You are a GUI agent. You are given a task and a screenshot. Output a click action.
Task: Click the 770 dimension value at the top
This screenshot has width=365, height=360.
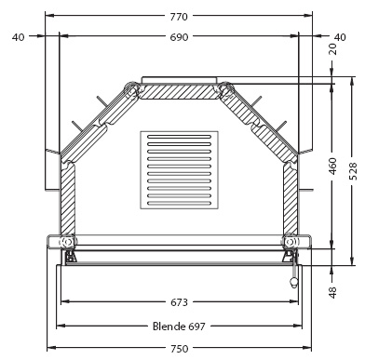click(179, 16)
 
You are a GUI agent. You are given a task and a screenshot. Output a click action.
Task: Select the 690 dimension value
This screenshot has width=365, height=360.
click(179, 37)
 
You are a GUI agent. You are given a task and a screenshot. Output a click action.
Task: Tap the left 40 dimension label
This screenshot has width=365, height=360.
click(18, 37)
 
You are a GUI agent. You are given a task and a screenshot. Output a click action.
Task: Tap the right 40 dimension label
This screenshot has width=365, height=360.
click(340, 37)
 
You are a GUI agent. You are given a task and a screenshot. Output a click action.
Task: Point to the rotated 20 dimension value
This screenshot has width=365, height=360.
click(332, 49)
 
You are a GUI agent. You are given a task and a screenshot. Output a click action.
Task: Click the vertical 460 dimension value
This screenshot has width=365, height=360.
click(332, 167)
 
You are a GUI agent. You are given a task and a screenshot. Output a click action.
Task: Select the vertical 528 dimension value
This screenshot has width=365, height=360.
click(353, 171)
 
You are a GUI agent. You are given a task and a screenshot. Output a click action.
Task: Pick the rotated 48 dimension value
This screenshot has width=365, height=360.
click(332, 292)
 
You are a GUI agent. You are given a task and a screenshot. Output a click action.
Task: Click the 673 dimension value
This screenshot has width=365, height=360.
click(179, 301)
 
